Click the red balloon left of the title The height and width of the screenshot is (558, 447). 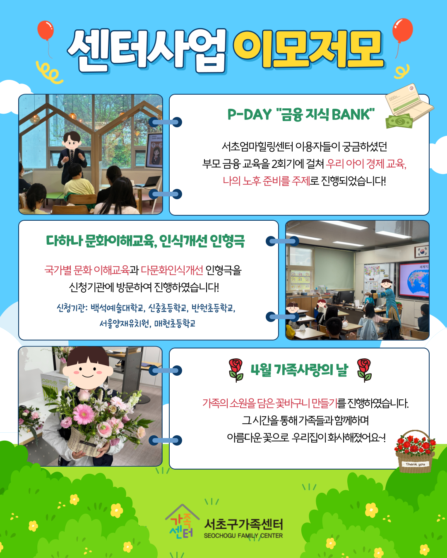tap(46, 30)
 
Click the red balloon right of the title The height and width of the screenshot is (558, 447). tap(402, 30)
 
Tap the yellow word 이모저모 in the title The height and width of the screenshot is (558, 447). tap(308, 49)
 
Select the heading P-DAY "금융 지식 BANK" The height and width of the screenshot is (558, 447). tap(301, 114)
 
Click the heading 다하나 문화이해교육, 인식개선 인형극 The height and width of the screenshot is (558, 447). tap(145, 241)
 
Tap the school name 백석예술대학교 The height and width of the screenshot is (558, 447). tap(117, 308)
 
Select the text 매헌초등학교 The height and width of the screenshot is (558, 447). tap(175, 323)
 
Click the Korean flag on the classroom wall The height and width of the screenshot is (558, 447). tap(421, 251)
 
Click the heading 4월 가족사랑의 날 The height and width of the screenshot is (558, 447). tap(299, 370)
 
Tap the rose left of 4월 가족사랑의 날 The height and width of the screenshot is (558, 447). tap(236, 370)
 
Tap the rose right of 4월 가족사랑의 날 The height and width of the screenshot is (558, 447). tap(364, 370)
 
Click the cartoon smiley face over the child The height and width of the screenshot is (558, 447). tap(87, 368)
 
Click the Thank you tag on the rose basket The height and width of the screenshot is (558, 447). tap(415, 464)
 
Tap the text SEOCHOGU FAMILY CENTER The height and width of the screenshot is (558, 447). tap(243, 535)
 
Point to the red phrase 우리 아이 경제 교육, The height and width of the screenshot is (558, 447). tap(366, 164)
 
